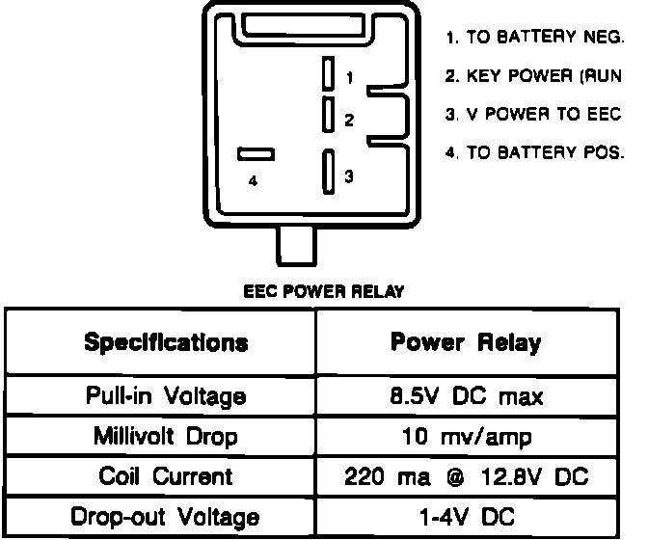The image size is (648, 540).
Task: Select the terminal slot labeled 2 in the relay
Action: (x=329, y=114)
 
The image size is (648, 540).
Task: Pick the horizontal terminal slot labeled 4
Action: (x=256, y=153)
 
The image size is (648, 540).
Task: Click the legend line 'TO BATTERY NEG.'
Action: (x=535, y=39)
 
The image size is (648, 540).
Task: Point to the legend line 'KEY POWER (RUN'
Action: (x=535, y=76)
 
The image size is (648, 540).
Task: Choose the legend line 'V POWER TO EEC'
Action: (x=535, y=114)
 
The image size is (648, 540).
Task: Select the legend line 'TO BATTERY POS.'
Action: (x=535, y=152)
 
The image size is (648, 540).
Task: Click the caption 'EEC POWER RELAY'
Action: (x=323, y=290)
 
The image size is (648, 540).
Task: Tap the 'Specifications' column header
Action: (x=166, y=342)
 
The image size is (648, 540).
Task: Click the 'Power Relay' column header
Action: (x=466, y=342)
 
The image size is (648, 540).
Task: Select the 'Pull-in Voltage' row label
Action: (x=166, y=395)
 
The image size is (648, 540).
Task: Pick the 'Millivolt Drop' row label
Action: (x=166, y=436)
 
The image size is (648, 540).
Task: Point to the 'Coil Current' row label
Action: (x=166, y=476)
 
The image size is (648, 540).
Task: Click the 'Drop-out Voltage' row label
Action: (x=166, y=517)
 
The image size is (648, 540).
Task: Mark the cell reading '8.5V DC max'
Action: (x=466, y=395)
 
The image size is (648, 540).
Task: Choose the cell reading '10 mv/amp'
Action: (x=466, y=436)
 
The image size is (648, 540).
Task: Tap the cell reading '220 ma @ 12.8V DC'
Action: (x=466, y=476)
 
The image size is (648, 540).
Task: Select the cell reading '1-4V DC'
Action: (x=466, y=517)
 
